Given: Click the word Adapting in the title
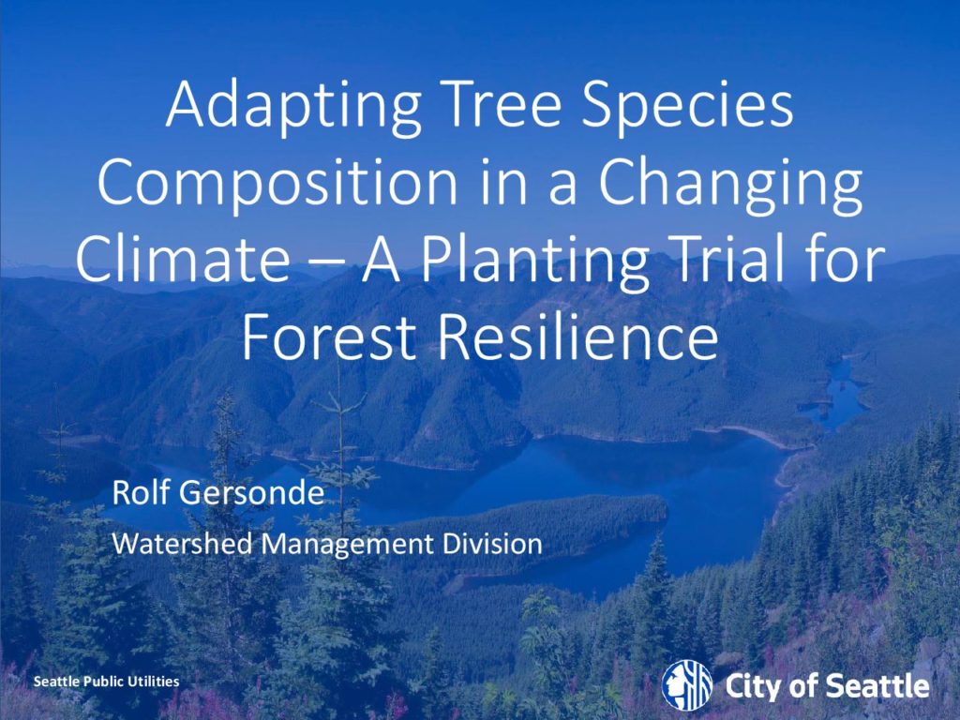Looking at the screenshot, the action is [x=293, y=108].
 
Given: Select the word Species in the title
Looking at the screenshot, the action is [x=688, y=109].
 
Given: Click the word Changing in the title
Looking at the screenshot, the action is [x=730, y=186].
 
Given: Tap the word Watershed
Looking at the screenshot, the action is [x=182, y=543].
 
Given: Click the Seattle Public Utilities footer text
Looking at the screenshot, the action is [x=107, y=682].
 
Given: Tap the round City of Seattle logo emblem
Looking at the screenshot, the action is [x=687, y=684].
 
